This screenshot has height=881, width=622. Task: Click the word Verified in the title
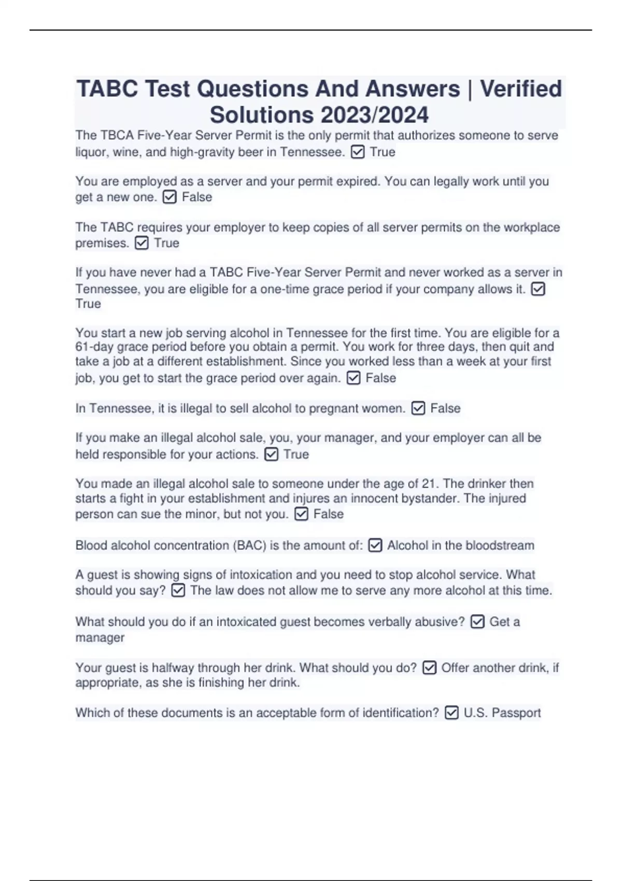(x=520, y=89)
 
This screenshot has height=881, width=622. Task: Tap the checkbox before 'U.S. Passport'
(x=451, y=713)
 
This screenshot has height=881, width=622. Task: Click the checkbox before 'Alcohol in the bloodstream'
(x=375, y=545)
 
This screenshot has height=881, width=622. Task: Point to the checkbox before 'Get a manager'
(x=477, y=622)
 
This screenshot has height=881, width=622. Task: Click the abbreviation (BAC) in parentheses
(x=249, y=545)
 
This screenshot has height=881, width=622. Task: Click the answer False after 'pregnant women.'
(x=445, y=408)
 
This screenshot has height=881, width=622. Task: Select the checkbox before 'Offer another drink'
(x=429, y=668)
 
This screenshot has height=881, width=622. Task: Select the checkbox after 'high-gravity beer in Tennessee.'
(x=358, y=152)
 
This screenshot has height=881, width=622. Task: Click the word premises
(x=102, y=243)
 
